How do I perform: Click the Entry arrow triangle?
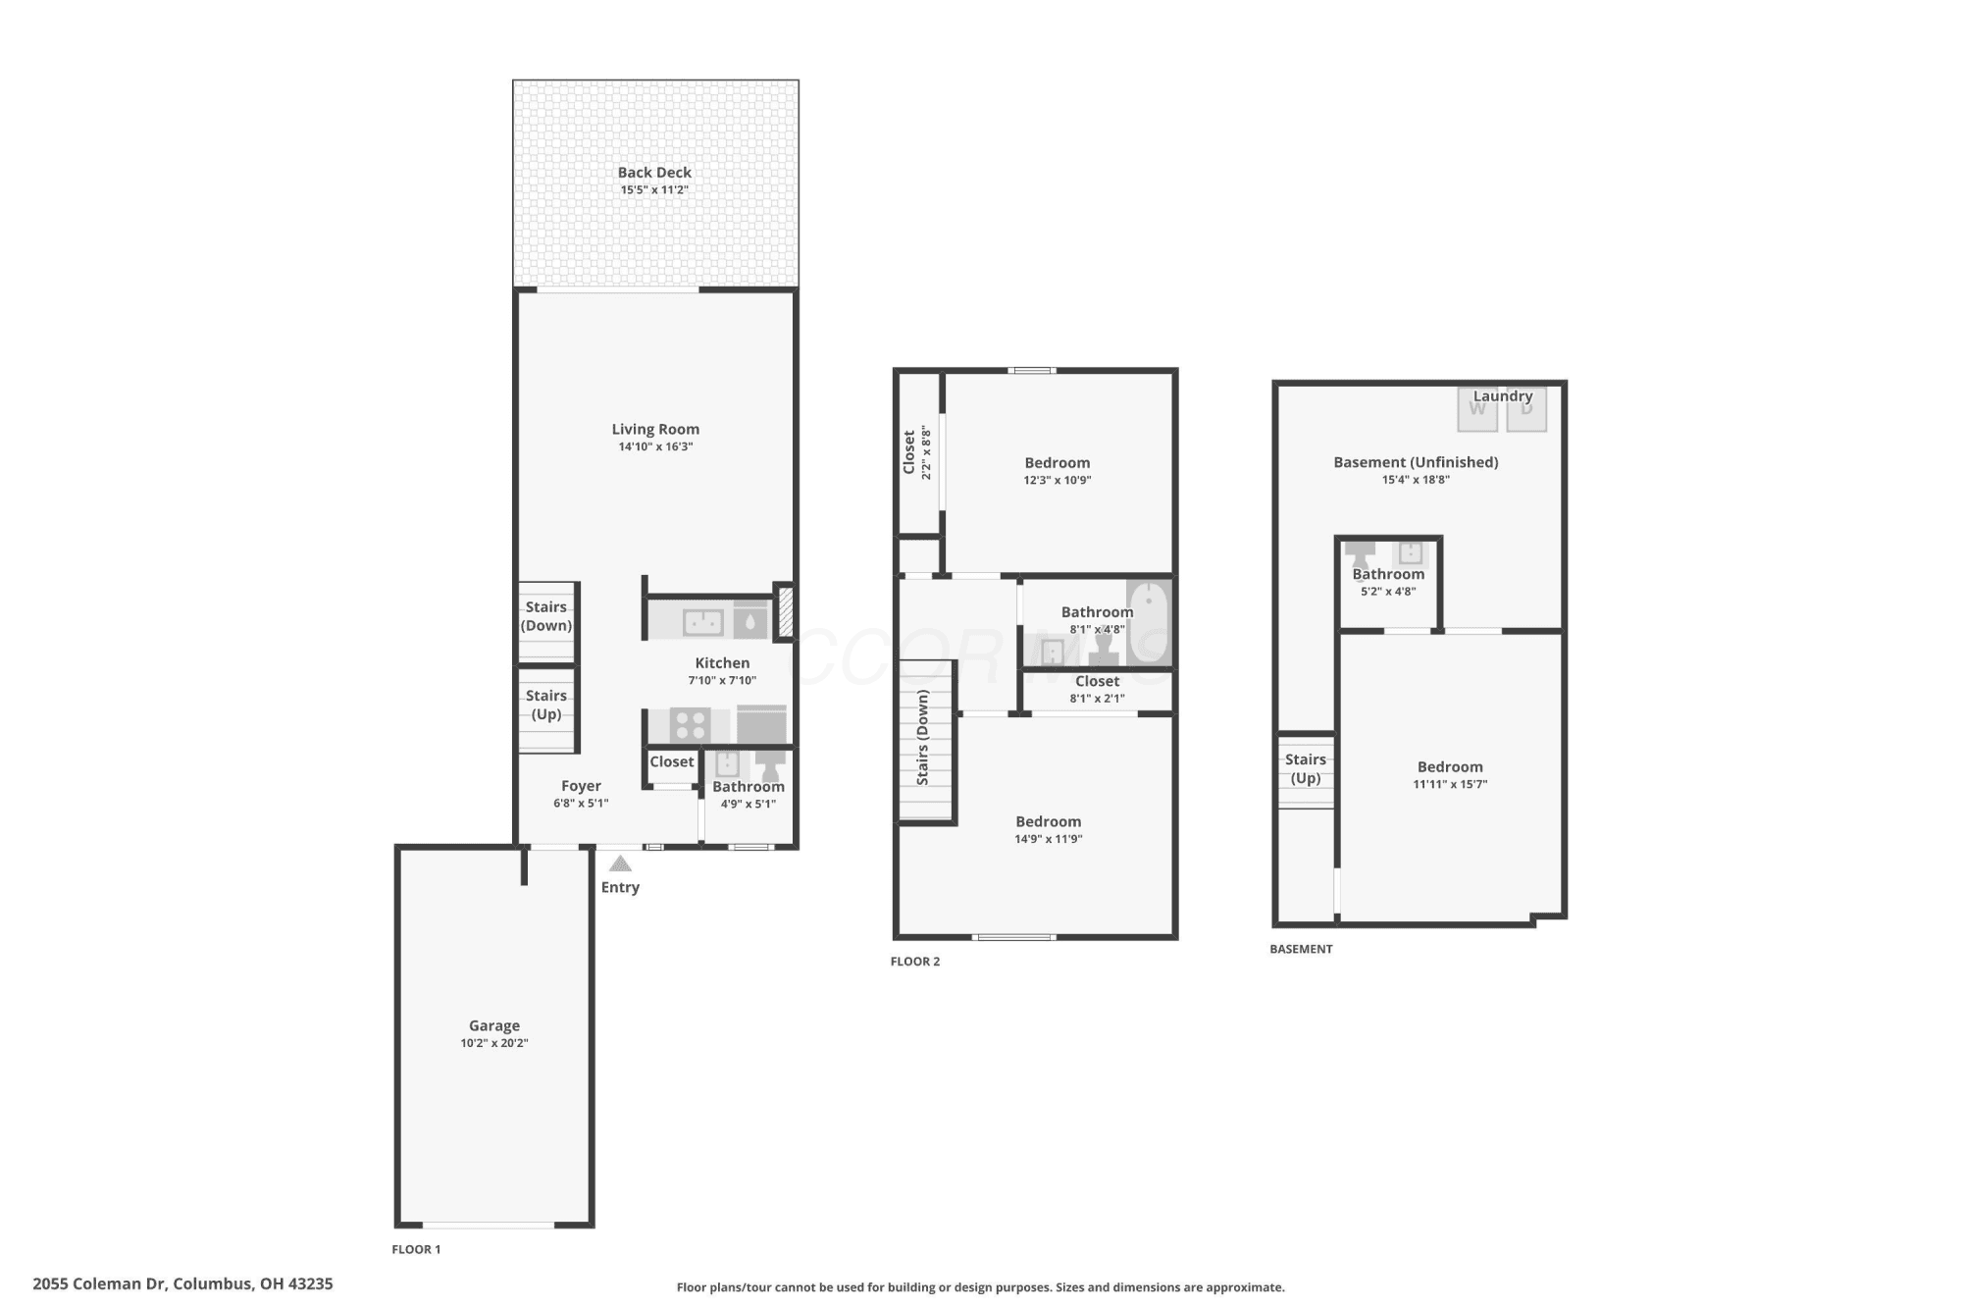[620, 863]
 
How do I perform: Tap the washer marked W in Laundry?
[1477, 410]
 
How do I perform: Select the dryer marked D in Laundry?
[1526, 410]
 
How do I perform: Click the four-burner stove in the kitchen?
[691, 725]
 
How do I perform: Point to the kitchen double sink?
[703, 622]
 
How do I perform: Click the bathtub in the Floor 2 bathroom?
[1149, 623]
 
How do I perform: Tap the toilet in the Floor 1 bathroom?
[771, 765]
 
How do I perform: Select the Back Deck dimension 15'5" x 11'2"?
[654, 190]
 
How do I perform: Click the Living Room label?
[655, 429]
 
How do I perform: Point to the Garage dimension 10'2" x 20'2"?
[494, 1043]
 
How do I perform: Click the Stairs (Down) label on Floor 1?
[546, 616]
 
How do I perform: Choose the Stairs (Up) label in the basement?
[1306, 768]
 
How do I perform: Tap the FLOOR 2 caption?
[915, 962]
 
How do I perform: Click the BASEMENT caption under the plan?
[1301, 949]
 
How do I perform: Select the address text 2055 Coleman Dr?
[100, 1283]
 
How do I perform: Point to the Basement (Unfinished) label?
[1416, 462]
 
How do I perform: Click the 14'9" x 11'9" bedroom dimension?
[1049, 839]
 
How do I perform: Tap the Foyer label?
[581, 786]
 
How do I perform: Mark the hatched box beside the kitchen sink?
[785, 613]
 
